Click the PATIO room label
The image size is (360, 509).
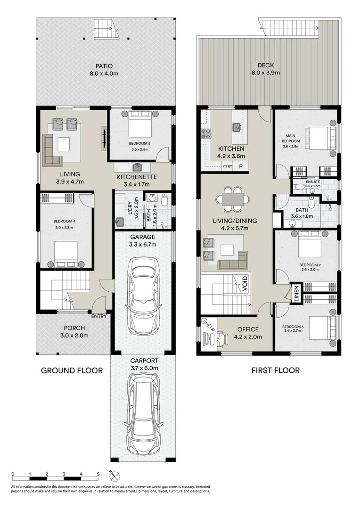104,66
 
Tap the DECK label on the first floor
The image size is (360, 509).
266,65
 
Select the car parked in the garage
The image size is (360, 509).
143,296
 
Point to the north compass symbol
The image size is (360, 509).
115,476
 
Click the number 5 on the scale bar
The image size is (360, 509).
98,474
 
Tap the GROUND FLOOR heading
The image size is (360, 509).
72,370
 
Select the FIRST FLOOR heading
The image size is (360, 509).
276,370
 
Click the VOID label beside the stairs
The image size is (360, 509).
245,283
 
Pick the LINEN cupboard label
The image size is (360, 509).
296,294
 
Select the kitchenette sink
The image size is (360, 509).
137,167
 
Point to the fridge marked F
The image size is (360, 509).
240,166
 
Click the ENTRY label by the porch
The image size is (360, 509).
99,316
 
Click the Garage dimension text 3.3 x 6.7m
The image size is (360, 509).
143,245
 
